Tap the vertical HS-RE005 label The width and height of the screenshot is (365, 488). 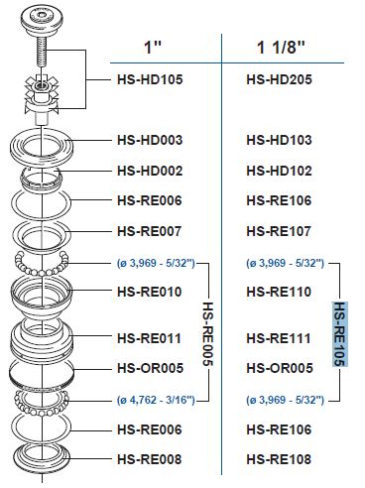208,332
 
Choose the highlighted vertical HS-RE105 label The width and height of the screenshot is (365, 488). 339,332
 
